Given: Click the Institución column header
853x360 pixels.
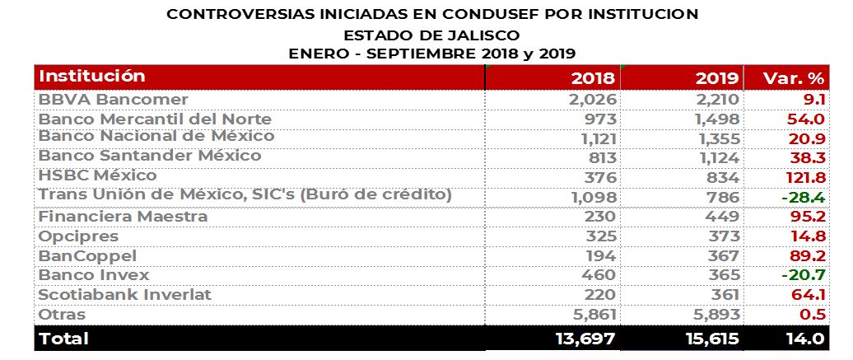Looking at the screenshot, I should [x=92, y=77].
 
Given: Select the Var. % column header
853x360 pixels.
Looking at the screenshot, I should [x=795, y=78].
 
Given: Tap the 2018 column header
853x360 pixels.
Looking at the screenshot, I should [x=593, y=78].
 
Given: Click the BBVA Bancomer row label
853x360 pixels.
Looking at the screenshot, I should [x=114, y=99].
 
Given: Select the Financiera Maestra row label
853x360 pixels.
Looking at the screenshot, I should [x=123, y=217].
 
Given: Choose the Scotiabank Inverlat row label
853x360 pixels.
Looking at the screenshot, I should [x=125, y=294].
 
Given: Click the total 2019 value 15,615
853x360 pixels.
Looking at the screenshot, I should [x=706, y=338].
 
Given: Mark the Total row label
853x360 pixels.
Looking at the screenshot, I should [x=64, y=338].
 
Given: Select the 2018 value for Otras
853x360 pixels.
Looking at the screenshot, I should [x=592, y=315].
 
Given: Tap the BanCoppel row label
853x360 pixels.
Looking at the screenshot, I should [x=87, y=255].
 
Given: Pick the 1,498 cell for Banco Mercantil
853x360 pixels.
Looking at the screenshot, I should [x=716, y=119].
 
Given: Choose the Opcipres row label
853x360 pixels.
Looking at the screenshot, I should [x=79, y=236].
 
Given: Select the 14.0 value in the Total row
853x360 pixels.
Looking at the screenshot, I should [x=802, y=338].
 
